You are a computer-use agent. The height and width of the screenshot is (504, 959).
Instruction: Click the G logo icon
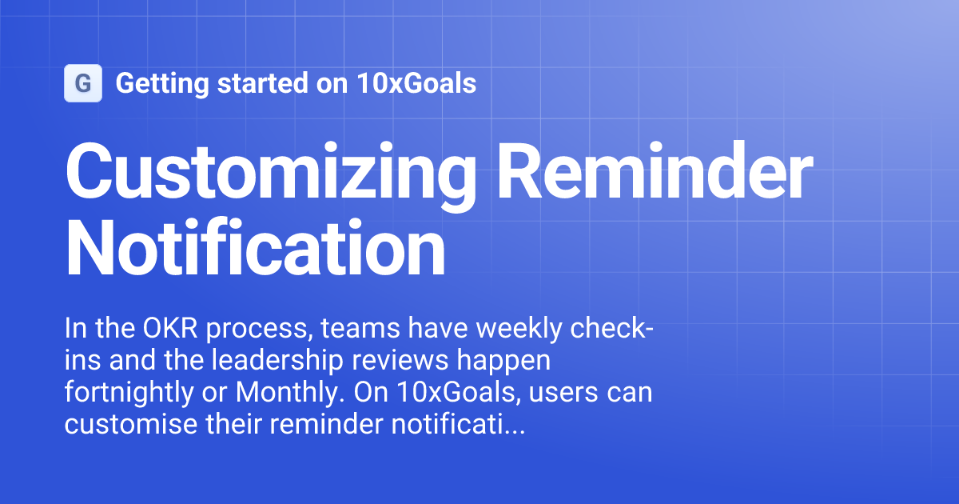[82, 83]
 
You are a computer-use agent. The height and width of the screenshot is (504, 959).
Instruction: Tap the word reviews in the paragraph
[417, 362]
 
